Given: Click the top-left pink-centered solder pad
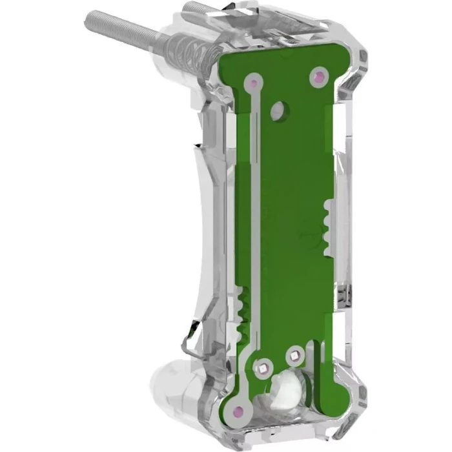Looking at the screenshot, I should (254, 83).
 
